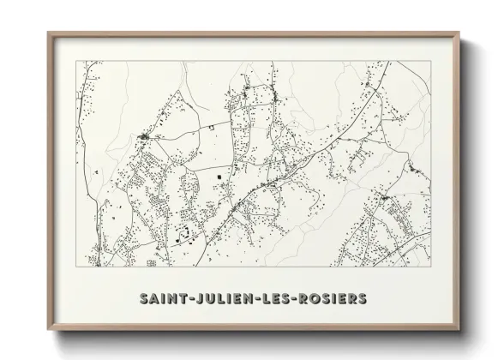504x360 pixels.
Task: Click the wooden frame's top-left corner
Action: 48,32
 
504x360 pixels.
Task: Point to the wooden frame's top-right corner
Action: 459,32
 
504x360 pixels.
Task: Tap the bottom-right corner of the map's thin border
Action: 429,267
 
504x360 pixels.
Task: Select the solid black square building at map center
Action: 219,177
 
